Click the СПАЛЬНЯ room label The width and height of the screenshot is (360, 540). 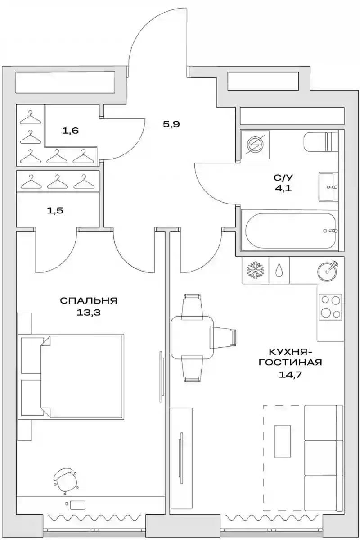89,300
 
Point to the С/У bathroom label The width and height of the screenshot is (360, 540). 283,178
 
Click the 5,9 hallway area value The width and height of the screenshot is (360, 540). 171,124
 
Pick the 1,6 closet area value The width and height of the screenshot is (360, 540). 70,131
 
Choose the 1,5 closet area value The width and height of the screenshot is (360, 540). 55,210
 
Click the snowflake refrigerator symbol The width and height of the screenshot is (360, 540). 255,270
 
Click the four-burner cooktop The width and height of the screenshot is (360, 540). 330,306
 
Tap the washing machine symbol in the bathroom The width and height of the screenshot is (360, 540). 255,145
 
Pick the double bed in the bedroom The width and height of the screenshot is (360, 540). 81,376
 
